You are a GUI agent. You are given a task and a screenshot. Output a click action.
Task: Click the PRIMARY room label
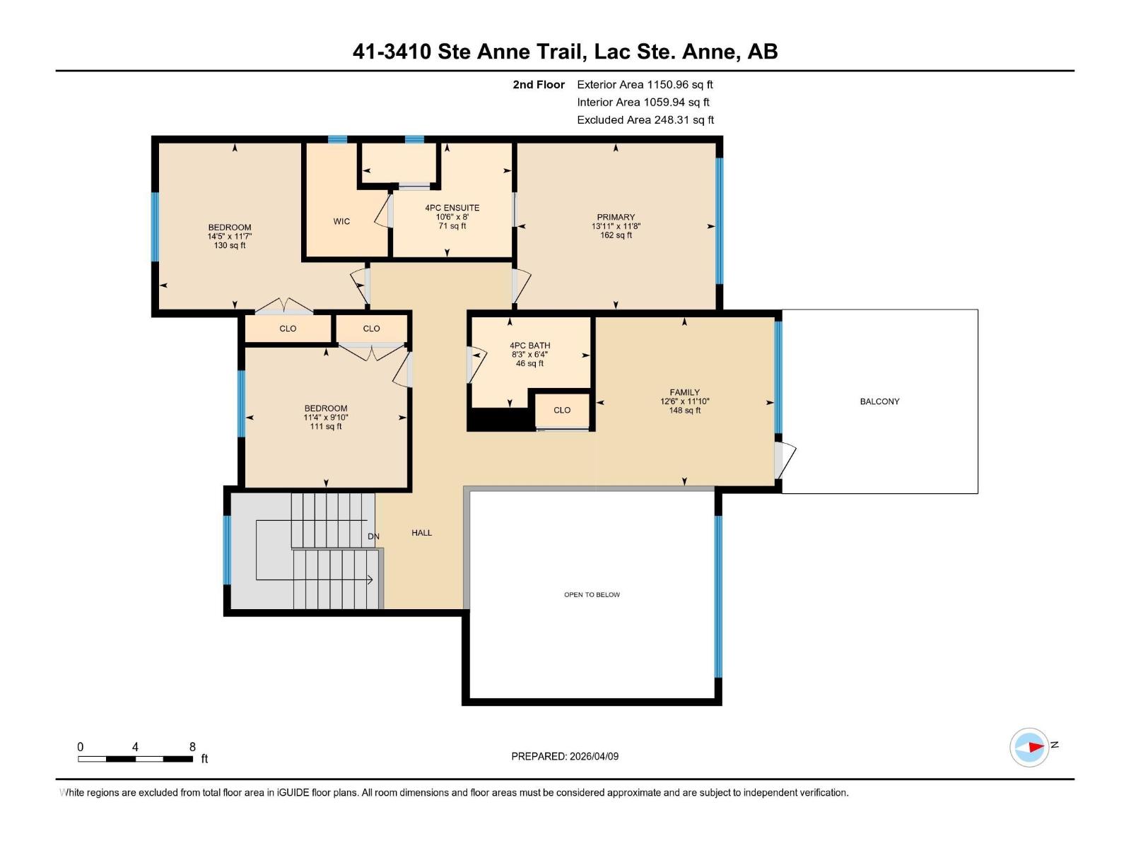pos(616,217)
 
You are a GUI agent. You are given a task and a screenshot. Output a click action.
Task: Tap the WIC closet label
pos(341,221)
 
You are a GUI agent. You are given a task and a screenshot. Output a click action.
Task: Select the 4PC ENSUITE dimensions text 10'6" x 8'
pos(452,217)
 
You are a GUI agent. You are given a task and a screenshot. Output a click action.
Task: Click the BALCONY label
pos(879,401)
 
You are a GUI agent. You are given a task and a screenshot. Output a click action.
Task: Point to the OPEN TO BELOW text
pos(592,594)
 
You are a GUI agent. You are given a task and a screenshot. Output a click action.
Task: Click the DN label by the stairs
pos(373,536)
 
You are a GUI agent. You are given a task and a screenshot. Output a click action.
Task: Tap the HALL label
pos(421,533)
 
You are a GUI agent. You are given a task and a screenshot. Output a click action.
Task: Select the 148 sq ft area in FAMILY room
pos(684,411)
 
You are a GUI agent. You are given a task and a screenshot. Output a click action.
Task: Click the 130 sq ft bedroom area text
pos(230,246)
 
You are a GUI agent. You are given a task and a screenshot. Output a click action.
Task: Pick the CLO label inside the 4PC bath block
pos(562,410)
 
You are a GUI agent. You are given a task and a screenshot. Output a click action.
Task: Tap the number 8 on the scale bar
pos(192,746)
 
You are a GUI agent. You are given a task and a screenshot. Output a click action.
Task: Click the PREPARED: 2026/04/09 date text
pos(565,756)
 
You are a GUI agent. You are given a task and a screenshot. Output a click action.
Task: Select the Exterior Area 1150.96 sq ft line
pos(645,85)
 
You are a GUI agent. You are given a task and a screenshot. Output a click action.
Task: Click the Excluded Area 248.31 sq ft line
pos(645,120)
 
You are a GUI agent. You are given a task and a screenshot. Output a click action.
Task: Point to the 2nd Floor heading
pos(539,85)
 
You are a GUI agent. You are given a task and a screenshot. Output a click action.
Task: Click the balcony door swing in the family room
pos(785,459)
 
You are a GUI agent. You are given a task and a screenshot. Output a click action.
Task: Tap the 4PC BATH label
pos(529,346)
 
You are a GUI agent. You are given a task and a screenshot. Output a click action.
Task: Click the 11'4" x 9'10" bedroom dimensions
pos(325,418)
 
